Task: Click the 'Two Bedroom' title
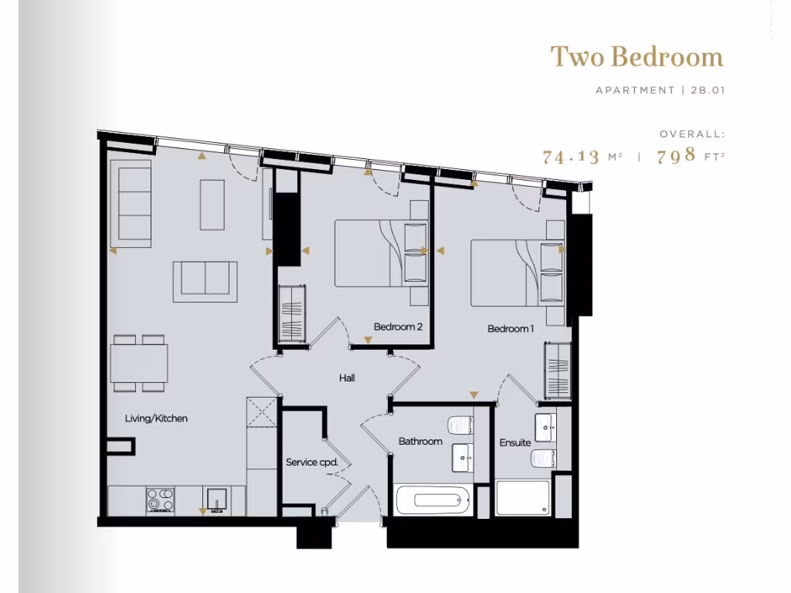click(x=637, y=57)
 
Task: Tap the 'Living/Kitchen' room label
click(x=156, y=418)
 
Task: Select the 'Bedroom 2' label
click(x=398, y=327)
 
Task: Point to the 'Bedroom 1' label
click(x=511, y=329)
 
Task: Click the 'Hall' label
click(x=347, y=378)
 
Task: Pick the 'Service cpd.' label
click(x=312, y=463)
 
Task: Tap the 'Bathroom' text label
click(x=420, y=442)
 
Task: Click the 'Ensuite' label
click(x=514, y=442)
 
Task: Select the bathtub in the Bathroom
click(x=432, y=500)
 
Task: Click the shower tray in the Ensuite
click(x=523, y=498)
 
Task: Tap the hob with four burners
click(x=160, y=499)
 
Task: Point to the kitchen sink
click(x=216, y=500)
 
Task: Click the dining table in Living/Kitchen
click(x=139, y=363)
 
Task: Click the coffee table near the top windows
click(x=212, y=205)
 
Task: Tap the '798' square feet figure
click(x=675, y=157)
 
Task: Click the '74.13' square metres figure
click(x=571, y=157)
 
